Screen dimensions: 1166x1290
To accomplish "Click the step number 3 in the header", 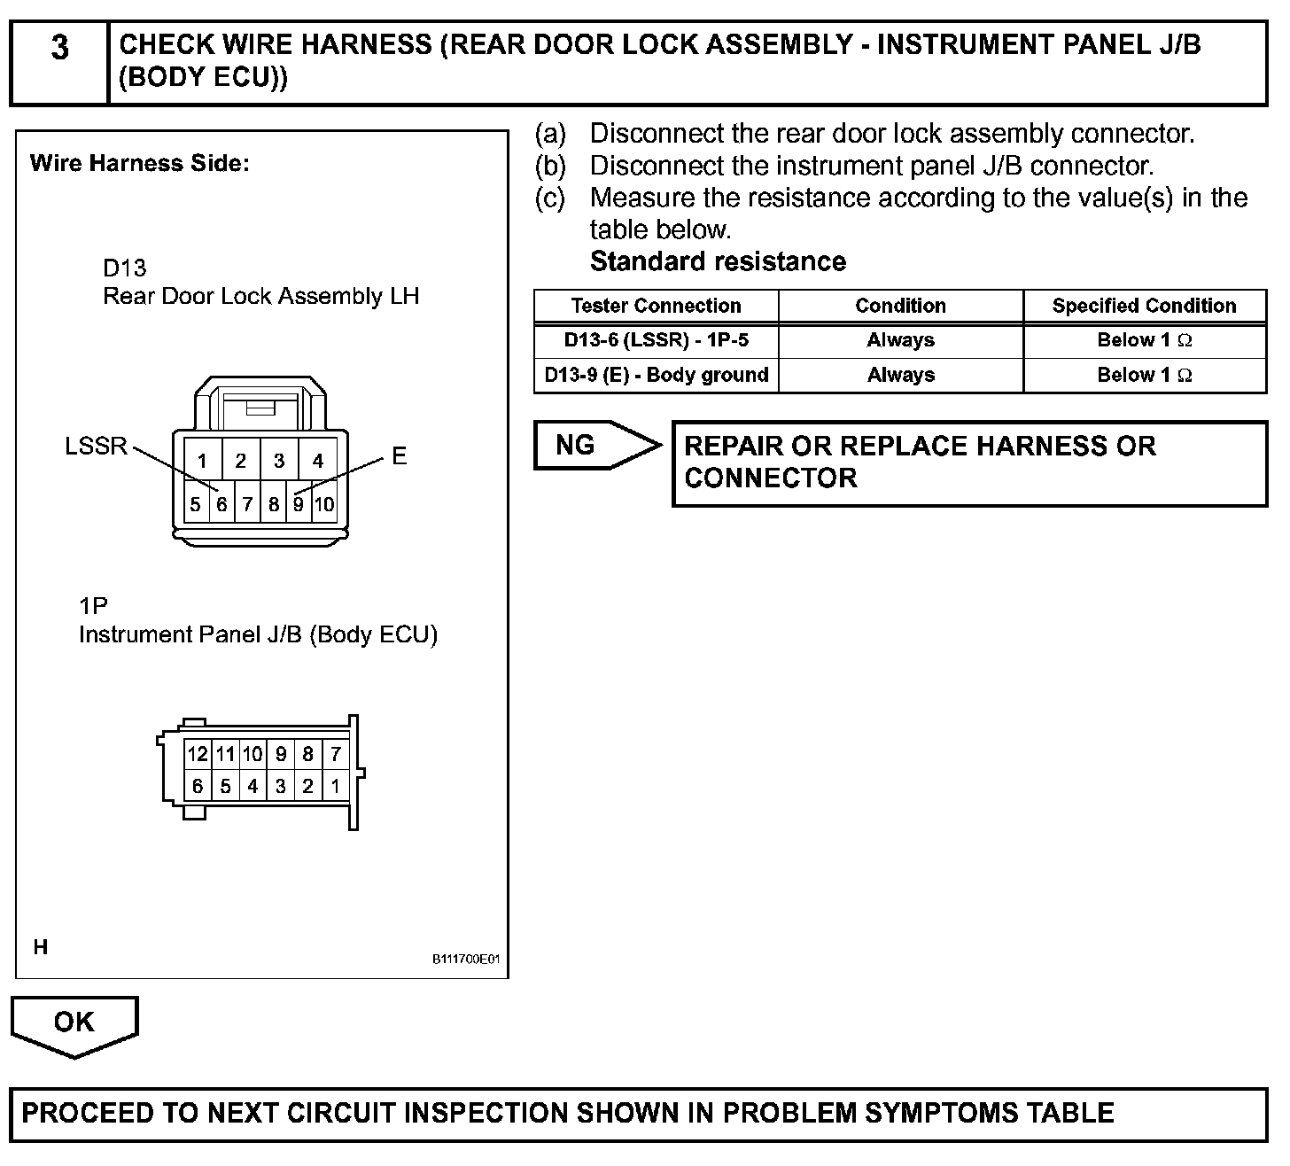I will [x=59, y=48].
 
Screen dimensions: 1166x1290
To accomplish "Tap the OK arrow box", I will [x=74, y=1022].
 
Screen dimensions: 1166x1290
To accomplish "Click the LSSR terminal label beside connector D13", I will [x=97, y=446].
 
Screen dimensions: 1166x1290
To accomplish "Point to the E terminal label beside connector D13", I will [x=400, y=456].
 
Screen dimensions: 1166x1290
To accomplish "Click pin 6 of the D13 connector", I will [x=221, y=505].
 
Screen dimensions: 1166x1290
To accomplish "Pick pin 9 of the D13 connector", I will [x=299, y=505].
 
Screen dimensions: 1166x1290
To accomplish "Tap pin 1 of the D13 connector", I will [x=203, y=461].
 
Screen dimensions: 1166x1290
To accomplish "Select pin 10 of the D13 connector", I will [x=324, y=505].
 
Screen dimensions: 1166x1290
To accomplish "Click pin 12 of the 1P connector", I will [x=197, y=755].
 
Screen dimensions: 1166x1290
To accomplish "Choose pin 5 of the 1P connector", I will [x=225, y=786].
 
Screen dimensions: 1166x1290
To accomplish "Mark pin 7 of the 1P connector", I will [x=335, y=755].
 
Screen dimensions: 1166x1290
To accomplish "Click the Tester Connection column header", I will [x=656, y=306].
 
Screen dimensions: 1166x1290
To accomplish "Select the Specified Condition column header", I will [x=1144, y=306].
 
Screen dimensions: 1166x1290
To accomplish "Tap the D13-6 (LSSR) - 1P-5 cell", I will [x=656, y=340].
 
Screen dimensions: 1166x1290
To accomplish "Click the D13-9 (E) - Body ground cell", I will [x=656, y=375].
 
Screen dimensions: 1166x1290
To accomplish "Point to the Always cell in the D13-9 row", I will [x=900, y=375].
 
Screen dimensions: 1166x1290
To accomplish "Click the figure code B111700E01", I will [x=467, y=960].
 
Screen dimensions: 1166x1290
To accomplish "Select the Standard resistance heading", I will [x=718, y=261].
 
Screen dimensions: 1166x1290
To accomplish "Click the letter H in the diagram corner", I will [x=41, y=947].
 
